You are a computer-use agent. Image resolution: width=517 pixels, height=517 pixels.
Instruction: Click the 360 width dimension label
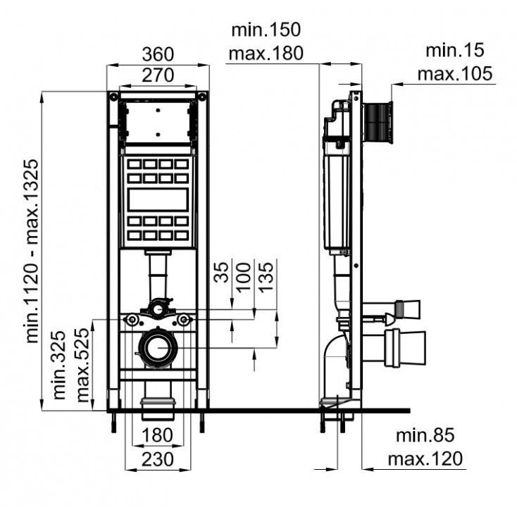pos(157,54)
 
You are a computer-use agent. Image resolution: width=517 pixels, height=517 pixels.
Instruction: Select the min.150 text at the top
pos(266,30)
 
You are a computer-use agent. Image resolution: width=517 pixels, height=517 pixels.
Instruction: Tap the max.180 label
pos(266,52)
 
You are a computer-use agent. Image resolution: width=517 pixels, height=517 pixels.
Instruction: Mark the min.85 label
pos(421,437)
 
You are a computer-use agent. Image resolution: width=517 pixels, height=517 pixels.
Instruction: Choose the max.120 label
pos(425,459)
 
